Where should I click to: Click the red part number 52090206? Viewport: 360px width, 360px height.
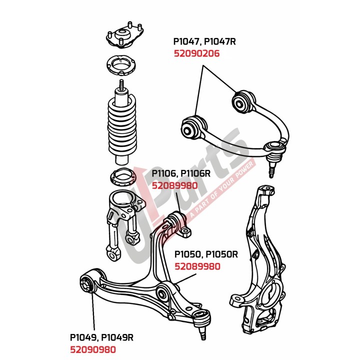tap(196, 53)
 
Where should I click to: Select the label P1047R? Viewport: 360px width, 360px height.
tap(219, 41)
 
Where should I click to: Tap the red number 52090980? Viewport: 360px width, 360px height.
tap(93, 349)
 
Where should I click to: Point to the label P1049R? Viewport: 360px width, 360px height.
tap(117, 337)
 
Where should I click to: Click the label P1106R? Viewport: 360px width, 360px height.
tap(195, 173)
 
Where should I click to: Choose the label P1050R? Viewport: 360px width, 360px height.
tap(221, 254)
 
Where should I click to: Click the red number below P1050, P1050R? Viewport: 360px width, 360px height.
tap(197, 266)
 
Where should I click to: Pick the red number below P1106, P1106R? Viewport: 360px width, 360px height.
tap(174, 185)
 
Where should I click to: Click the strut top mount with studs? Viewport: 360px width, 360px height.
tap(124, 35)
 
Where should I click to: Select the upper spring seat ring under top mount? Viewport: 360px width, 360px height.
tap(121, 65)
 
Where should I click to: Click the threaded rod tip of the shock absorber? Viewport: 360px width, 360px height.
tap(121, 84)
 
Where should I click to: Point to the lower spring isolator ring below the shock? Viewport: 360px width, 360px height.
tap(123, 177)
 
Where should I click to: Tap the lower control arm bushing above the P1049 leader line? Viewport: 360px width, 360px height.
tap(87, 284)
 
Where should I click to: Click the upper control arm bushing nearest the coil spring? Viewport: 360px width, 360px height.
tap(192, 127)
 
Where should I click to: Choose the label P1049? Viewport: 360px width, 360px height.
tap(82, 337)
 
